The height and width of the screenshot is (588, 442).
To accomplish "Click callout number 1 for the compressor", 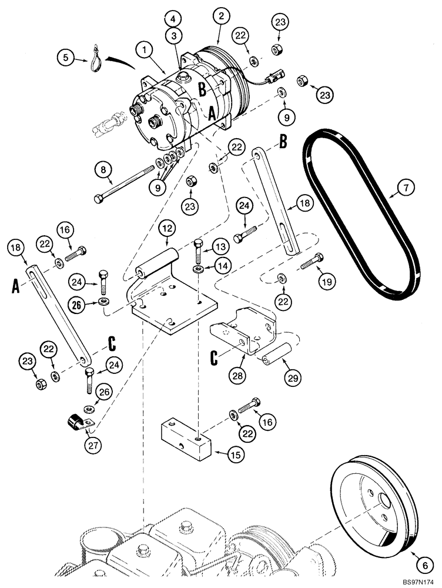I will [143, 51].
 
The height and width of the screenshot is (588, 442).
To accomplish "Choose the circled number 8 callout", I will [103, 171].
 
